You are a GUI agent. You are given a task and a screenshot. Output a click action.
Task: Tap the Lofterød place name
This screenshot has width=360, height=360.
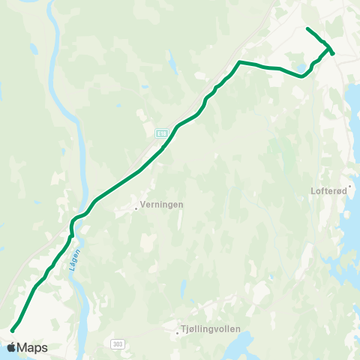pyautogui.click(x=328, y=191)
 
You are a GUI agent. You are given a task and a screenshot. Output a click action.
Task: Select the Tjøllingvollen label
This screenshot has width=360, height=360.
pyautogui.click(x=209, y=328)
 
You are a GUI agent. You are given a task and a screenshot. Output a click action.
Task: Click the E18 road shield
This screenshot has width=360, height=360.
pyautogui.click(x=160, y=133)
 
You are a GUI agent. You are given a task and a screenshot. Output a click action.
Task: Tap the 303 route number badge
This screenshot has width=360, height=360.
pyautogui.click(x=117, y=343)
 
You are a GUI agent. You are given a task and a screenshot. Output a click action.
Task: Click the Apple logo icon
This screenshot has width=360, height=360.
pyautogui.click(x=11, y=347)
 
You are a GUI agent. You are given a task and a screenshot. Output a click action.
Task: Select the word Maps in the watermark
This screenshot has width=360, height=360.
pyautogui.click(x=32, y=348)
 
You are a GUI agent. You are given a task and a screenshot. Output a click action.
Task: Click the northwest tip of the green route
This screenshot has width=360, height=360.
pyautogui.click(x=307, y=28)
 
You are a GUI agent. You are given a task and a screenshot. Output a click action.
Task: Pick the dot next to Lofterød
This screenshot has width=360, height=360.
pyautogui.click(x=349, y=185)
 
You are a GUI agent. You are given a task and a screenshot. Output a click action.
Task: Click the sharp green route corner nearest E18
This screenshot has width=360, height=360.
pyautogui.click(x=239, y=61)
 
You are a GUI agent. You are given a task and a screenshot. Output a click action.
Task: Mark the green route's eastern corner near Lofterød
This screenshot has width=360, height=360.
pyautogui.click(x=332, y=52)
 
